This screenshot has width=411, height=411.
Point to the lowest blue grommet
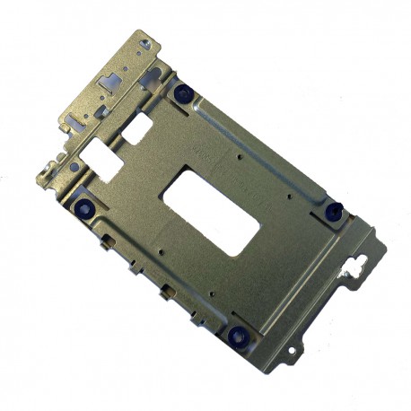point(238,335)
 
